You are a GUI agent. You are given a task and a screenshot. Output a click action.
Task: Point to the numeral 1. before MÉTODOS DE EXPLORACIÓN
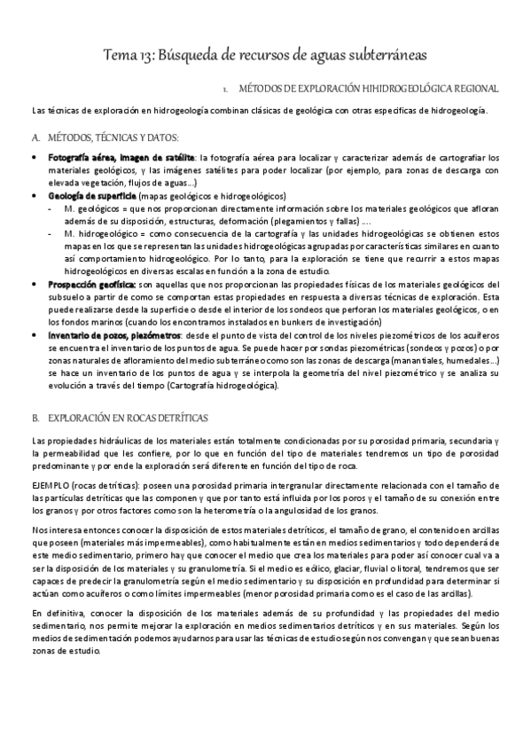coord(226,90)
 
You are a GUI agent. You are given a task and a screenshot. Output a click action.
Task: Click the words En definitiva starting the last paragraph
coord(56,613)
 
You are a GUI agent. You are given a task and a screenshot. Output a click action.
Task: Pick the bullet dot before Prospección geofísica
coord(34,282)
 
